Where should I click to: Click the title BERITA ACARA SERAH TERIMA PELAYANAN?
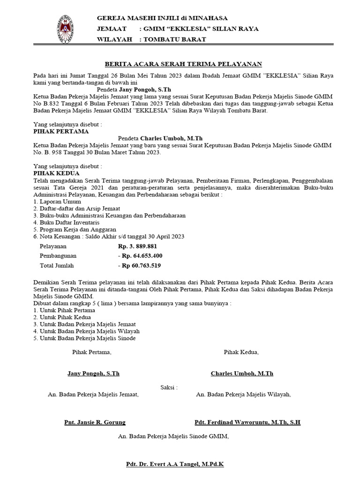point(183,64)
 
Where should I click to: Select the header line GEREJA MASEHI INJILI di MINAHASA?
point(162,18)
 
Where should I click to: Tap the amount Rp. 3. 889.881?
point(137,246)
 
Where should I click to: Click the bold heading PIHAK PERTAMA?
point(61,132)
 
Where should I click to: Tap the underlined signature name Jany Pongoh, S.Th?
point(93,374)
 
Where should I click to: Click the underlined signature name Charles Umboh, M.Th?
point(242,374)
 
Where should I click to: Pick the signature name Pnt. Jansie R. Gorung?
point(95,422)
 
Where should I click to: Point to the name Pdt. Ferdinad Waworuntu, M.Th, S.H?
point(247,422)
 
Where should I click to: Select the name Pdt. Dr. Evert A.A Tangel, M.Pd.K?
point(175,464)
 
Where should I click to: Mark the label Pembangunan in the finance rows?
point(58,256)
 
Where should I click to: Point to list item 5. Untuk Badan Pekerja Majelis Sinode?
point(85,338)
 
